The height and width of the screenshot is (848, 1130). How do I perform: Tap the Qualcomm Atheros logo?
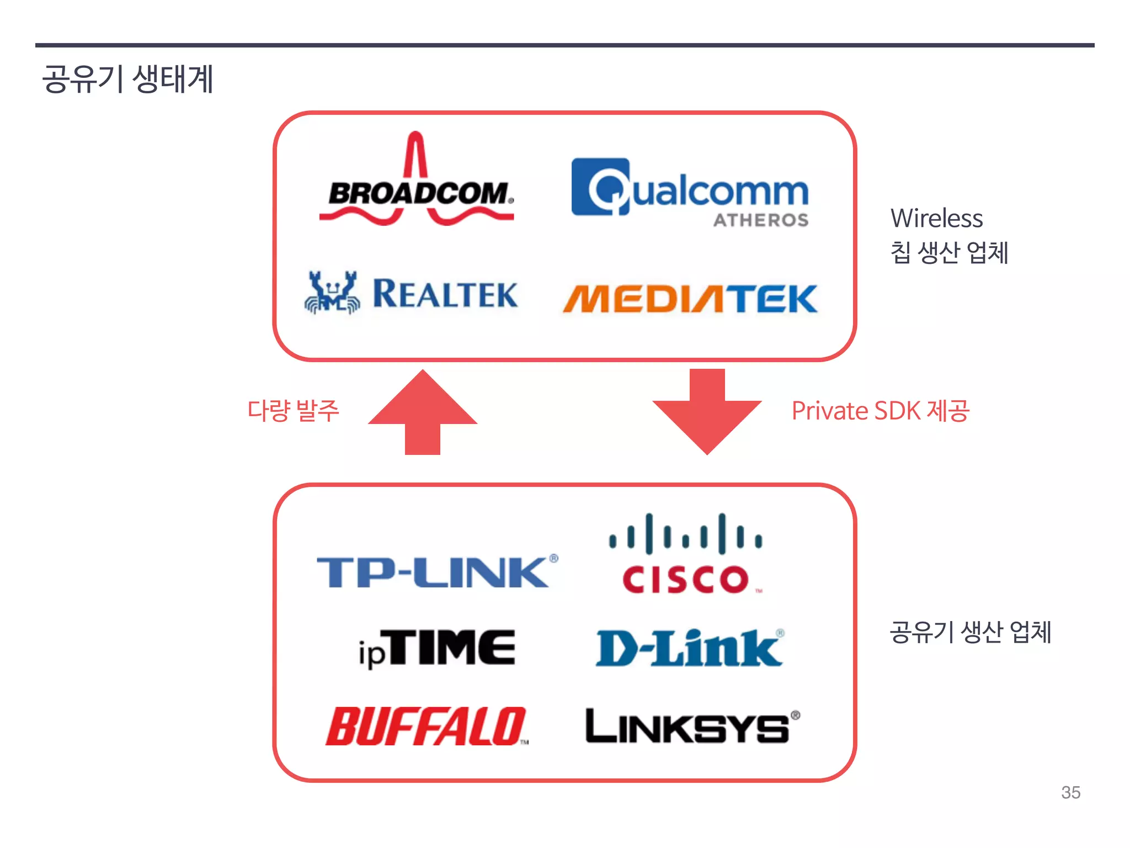coord(690,190)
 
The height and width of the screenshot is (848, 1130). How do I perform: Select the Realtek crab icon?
coord(332,293)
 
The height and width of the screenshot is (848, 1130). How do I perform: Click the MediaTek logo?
coord(690,299)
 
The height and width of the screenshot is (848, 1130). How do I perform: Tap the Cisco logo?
coord(686,555)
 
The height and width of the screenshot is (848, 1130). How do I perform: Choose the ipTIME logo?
coord(437,649)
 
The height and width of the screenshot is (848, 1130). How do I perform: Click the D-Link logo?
coord(689,649)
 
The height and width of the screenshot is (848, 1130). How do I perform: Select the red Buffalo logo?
coord(426,727)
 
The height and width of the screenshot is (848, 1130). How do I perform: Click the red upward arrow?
coord(423,411)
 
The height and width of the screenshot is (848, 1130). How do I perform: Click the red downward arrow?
coord(707,411)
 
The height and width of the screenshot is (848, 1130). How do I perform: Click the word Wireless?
coord(936,218)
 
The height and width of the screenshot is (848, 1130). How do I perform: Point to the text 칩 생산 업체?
coord(949,253)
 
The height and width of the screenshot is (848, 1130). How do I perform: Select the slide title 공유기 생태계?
coord(127,79)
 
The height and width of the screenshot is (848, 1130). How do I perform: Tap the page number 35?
coord(1070,793)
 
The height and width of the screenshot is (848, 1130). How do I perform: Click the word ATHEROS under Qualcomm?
coord(761,220)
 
